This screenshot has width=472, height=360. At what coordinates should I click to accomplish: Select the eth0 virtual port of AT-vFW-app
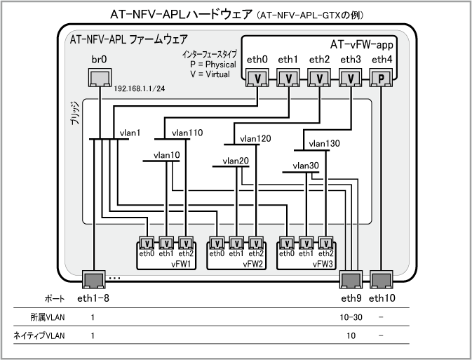tap(257, 78)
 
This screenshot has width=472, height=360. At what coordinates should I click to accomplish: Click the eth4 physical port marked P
tap(382, 78)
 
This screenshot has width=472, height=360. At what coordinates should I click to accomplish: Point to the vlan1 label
tap(130, 133)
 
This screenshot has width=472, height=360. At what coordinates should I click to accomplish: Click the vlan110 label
tap(187, 132)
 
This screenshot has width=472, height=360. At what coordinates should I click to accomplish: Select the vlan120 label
tap(255, 138)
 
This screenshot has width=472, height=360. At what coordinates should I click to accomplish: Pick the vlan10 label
tap(166, 154)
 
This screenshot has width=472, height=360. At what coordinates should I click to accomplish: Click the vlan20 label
tap(236, 161)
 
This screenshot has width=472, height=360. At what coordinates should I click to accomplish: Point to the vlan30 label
tap(306, 166)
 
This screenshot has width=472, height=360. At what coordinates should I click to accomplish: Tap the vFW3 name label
tap(323, 264)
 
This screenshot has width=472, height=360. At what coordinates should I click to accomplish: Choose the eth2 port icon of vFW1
tap(185, 243)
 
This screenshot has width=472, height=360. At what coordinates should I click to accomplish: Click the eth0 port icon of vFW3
tap(286, 243)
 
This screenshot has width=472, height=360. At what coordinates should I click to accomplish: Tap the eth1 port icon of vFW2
tap(236, 243)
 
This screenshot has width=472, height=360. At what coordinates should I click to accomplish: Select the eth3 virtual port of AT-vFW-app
tap(350, 78)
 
